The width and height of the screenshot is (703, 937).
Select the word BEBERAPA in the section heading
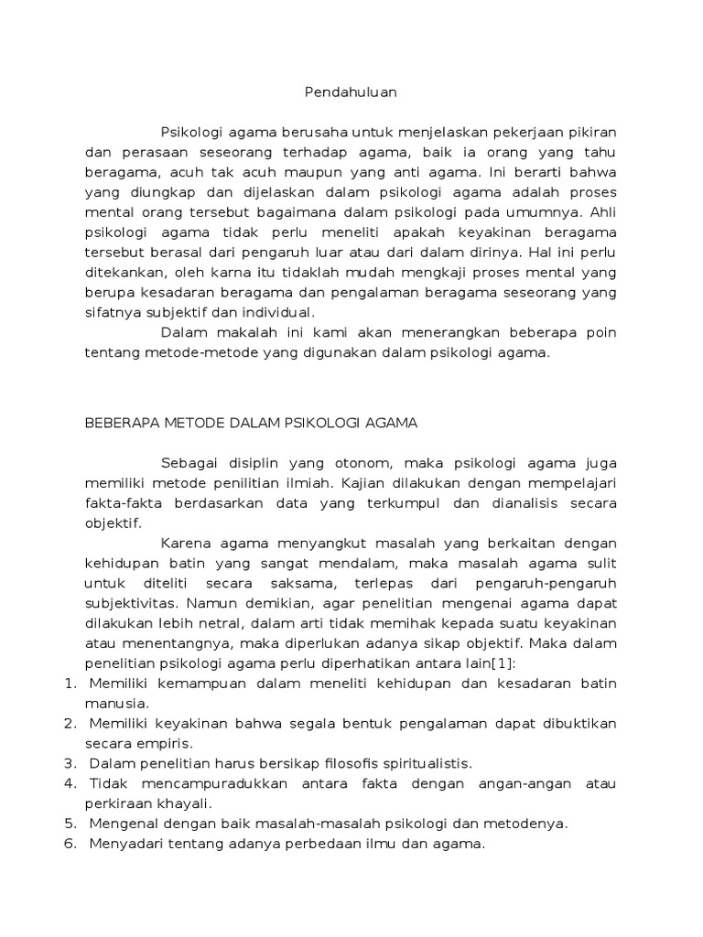120,423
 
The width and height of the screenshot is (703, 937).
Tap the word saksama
313,583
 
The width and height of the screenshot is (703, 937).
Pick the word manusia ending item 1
114,704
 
